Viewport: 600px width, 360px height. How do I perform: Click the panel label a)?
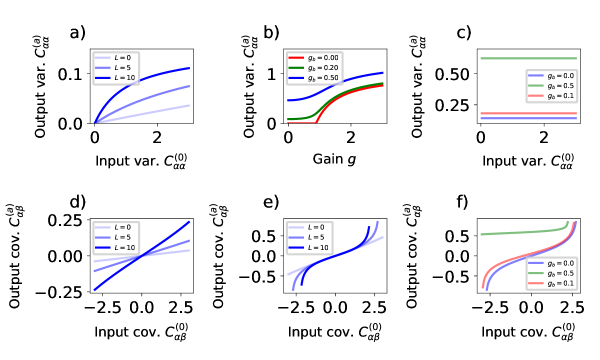(77, 34)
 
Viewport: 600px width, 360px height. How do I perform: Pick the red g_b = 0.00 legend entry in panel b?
(311, 59)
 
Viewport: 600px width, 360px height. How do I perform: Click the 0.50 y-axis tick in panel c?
(452, 74)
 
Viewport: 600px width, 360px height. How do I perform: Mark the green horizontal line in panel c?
(530, 58)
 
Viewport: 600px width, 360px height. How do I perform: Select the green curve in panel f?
(520, 232)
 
